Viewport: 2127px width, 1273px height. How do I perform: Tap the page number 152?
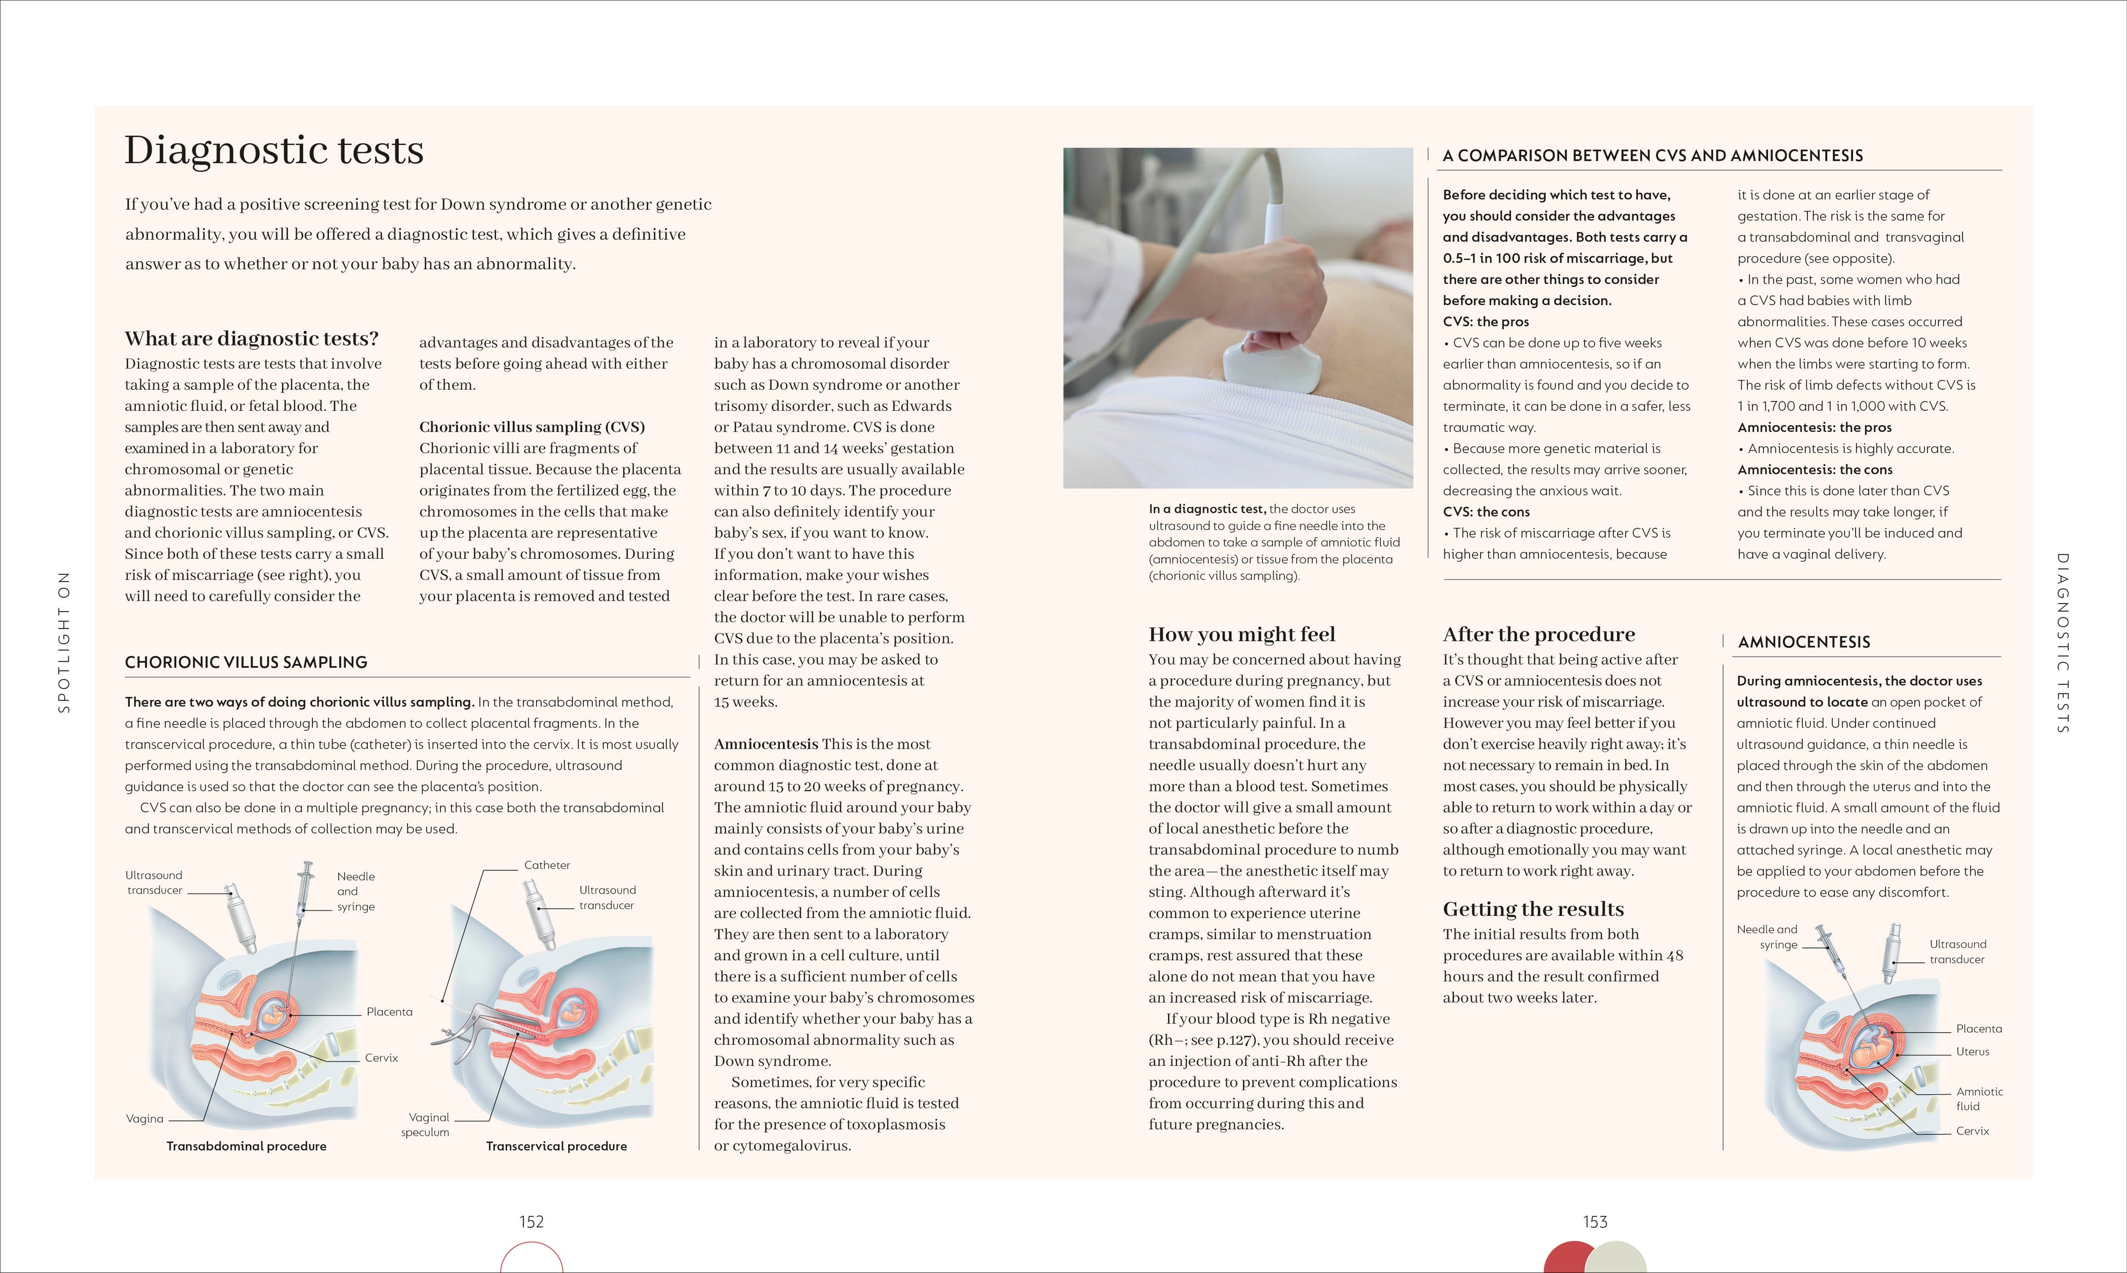point(531,1222)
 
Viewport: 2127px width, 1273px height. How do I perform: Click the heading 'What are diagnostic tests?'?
point(251,339)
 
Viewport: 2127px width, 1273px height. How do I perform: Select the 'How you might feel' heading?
point(1241,634)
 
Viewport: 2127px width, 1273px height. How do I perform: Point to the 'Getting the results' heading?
point(1533,909)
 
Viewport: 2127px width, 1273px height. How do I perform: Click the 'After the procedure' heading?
point(1538,634)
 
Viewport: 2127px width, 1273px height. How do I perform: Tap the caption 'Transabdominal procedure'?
point(246,1146)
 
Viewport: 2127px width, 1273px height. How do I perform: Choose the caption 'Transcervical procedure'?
point(556,1146)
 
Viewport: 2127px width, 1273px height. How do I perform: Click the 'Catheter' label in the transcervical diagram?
point(547,865)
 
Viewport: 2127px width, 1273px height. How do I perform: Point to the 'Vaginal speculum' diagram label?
point(427,1125)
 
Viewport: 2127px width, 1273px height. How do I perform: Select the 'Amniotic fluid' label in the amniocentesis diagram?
point(1979,1099)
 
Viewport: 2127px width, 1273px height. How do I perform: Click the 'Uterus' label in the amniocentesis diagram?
point(1972,1052)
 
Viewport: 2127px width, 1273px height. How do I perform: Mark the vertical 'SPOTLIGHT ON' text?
point(64,642)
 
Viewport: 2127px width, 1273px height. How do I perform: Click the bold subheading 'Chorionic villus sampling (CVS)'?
point(532,427)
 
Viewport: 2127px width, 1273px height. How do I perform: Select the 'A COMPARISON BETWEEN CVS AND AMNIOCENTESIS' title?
point(1652,155)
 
